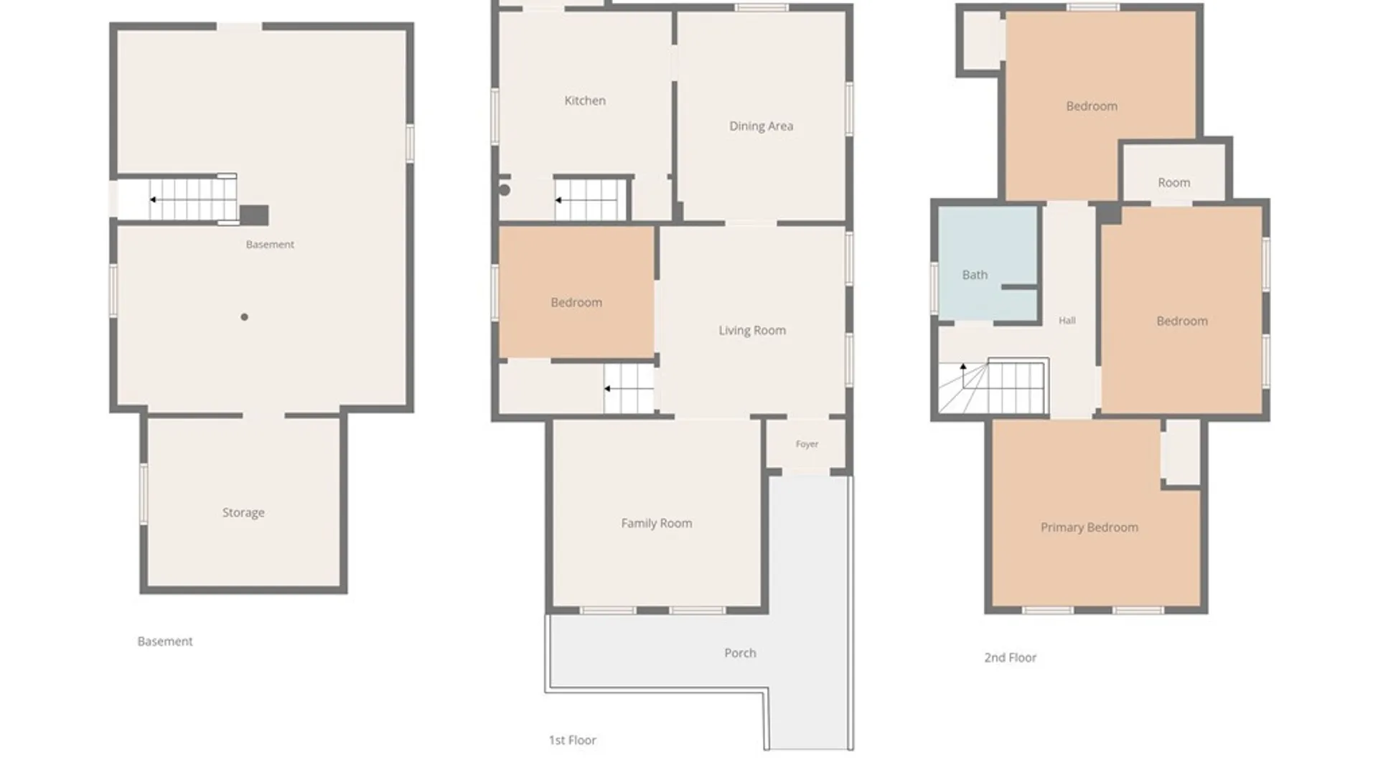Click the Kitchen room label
point(585,100)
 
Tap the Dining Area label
point(761,126)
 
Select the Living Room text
point(752,330)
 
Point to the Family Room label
point(657,523)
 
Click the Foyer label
point(807,444)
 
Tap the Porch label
point(740,653)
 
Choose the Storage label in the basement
point(243,512)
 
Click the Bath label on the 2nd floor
point(975,275)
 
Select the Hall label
point(1067,321)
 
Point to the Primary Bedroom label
point(1089,527)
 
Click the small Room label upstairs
point(1174,183)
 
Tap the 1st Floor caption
point(572,740)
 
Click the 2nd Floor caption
point(1010,657)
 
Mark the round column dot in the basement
point(245,317)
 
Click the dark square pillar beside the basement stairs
point(254,215)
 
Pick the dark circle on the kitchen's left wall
point(505,190)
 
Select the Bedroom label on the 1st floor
point(576,303)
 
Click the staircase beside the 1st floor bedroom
point(629,389)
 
